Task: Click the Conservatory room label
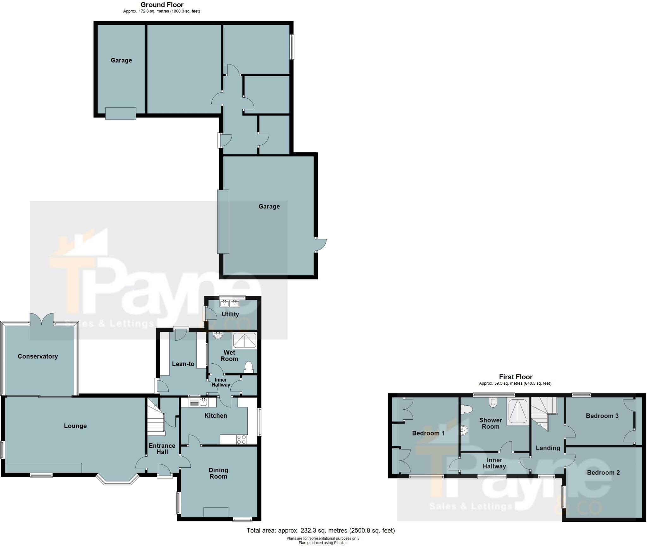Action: point(38,356)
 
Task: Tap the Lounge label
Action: point(75,426)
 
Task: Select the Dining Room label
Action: point(218,473)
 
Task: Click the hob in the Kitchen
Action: point(242,440)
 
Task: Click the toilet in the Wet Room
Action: point(249,367)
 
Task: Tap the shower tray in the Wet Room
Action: point(245,340)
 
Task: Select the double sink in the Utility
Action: point(230,304)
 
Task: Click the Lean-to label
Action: point(183,364)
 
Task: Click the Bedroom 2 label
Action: point(603,472)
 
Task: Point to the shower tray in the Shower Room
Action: point(518,411)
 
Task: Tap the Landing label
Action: point(548,448)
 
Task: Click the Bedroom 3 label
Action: point(602,416)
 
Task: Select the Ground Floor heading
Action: point(162,5)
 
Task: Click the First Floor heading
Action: point(516,377)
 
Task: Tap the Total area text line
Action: point(321,530)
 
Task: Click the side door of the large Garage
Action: point(320,245)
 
